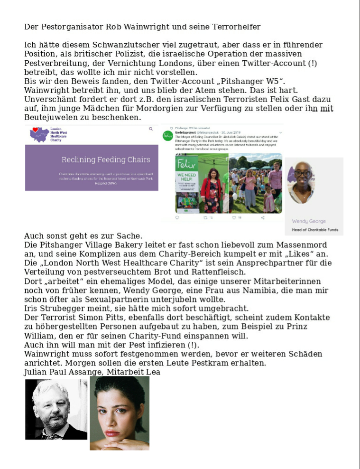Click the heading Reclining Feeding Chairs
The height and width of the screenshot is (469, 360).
click(106, 159)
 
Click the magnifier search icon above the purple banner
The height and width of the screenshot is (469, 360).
click(151, 129)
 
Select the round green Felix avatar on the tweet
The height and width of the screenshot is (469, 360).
click(167, 136)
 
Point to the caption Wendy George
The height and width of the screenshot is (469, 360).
click(309, 221)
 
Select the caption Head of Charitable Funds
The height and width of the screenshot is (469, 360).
click(314, 230)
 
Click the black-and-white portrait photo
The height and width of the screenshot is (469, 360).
click(56, 410)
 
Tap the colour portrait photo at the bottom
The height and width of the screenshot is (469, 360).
click(120, 413)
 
